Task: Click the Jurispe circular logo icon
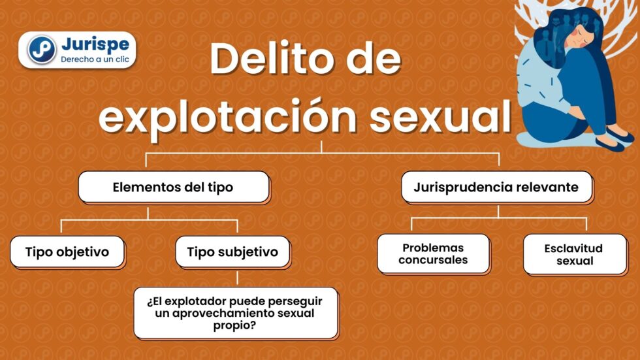42,50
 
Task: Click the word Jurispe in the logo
95,44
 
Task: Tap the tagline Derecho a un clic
95,59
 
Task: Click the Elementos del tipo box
174,187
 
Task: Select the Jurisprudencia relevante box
496,188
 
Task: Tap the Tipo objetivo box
67,252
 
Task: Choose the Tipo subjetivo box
232,252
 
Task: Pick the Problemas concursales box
433,254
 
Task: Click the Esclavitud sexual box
575,254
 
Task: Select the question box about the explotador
236,313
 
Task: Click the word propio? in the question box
234,326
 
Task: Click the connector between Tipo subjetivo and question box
237,278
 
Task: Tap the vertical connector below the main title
321,147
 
